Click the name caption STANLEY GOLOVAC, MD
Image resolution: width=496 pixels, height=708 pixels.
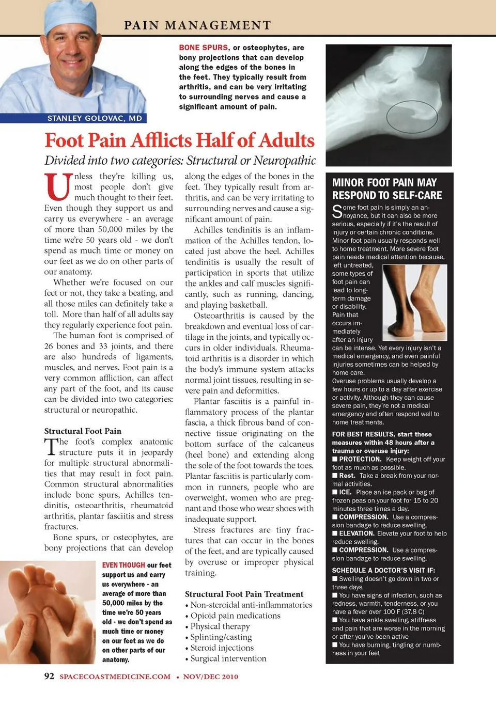click(x=95, y=118)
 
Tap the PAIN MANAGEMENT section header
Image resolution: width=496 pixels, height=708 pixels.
click(x=197, y=25)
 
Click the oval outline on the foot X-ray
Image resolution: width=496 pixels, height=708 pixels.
click(x=412, y=117)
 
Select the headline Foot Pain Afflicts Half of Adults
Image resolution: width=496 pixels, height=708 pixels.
click(x=179, y=140)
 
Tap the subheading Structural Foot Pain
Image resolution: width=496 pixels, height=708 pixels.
click(x=83, y=431)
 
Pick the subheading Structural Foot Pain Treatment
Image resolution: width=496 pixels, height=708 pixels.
click(x=244, y=594)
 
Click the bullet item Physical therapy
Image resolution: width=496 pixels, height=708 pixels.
click(x=220, y=626)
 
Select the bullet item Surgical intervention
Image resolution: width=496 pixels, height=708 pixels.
click(x=228, y=658)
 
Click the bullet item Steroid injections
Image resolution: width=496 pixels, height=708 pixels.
click(x=222, y=648)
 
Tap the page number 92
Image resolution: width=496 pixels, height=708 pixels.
click(x=49, y=676)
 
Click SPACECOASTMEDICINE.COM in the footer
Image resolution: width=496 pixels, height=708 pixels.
click(x=115, y=676)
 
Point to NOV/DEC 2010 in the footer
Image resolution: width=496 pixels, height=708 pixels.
click(x=210, y=676)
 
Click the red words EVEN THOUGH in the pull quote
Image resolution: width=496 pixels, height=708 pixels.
click(x=123, y=565)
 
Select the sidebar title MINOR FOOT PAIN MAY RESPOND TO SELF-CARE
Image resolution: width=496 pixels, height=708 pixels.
click(x=387, y=189)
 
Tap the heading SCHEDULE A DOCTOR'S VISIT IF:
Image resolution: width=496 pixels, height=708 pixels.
click(x=383, y=570)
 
